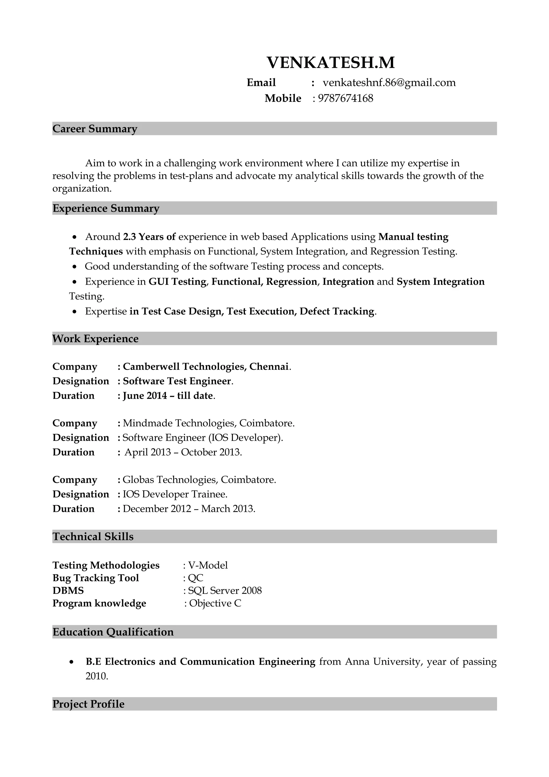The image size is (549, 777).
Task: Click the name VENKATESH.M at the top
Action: click(x=331, y=63)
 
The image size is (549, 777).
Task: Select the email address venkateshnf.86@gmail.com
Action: click(x=389, y=83)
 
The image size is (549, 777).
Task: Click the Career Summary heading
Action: click(x=95, y=129)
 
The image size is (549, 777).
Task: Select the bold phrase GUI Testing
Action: click(x=177, y=282)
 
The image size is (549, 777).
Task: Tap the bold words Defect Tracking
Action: click(x=337, y=311)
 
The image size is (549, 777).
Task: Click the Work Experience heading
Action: click(x=95, y=338)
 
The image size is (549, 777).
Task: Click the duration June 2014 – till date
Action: click(x=168, y=396)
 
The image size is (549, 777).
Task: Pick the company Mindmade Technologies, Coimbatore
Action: click(x=208, y=423)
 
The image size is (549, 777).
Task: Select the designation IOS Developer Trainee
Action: click(x=175, y=494)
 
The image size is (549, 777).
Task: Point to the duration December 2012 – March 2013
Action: click(x=189, y=509)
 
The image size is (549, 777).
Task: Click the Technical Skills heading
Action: click(x=93, y=536)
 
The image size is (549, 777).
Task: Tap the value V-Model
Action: click(x=208, y=565)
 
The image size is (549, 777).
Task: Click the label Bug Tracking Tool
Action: click(x=96, y=578)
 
